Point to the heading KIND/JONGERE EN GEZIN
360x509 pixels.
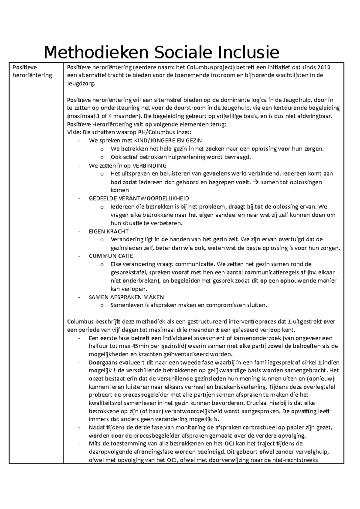pos(168,140)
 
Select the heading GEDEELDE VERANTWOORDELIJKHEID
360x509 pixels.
pos(139,198)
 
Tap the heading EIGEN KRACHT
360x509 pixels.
pos(109,231)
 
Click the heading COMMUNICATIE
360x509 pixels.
pos(111,256)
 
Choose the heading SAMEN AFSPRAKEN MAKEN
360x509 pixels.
pos(126,297)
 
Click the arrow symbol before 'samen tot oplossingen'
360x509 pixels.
pos(256,182)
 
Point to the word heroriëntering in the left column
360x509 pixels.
pos(32,75)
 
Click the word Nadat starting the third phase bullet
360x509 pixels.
pos(96,427)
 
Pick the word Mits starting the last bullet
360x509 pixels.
pos(94,444)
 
